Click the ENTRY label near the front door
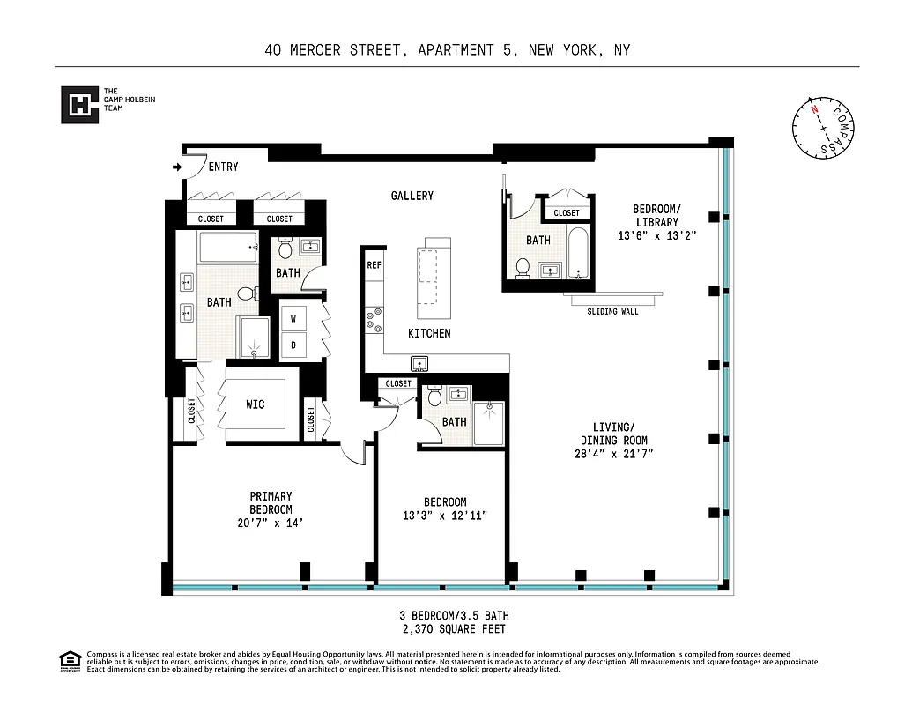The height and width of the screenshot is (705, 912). tap(223, 167)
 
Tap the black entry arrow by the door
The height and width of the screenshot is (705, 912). tap(177, 166)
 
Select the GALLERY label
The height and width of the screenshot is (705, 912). tap(412, 196)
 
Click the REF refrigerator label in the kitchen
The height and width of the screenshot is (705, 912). tap(374, 264)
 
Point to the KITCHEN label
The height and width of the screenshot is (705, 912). tap(429, 333)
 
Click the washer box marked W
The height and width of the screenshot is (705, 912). tap(293, 318)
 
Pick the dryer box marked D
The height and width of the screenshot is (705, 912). tap(293, 345)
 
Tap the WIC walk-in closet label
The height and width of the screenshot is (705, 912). tap(255, 404)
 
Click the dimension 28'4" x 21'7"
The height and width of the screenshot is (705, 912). tap(614, 455)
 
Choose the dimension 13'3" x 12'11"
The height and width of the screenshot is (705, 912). tap(445, 516)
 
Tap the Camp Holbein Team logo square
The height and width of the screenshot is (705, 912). tap(78, 105)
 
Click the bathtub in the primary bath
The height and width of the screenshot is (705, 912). tap(226, 248)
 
